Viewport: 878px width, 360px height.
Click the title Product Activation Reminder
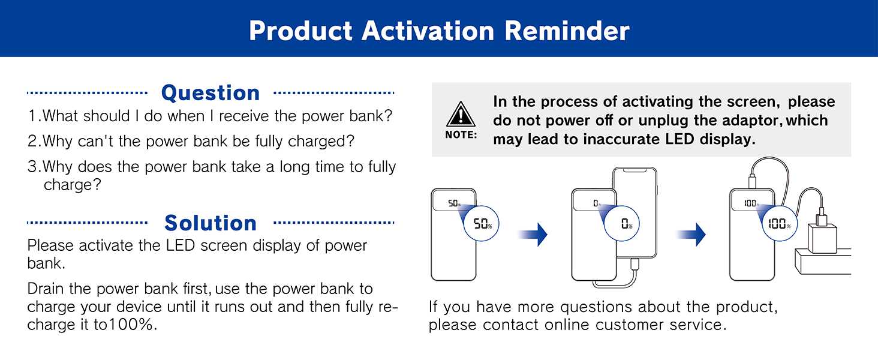click(x=439, y=31)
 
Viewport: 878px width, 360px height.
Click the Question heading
click(x=211, y=93)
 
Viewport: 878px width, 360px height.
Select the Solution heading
click(x=211, y=223)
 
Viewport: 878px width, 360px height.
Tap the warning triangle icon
click(x=461, y=114)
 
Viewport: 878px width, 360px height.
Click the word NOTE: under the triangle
click(x=461, y=135)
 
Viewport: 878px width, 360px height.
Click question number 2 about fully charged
click(x=191, y=142)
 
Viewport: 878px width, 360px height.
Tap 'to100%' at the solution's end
click(x=130, y=325)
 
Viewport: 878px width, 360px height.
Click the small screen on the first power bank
click(x=454, y=203)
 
